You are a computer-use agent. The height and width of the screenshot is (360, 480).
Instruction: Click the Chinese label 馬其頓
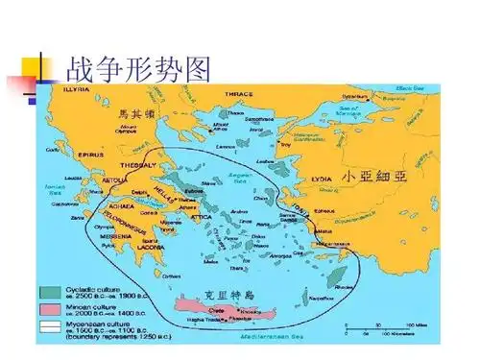click(136, 114)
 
